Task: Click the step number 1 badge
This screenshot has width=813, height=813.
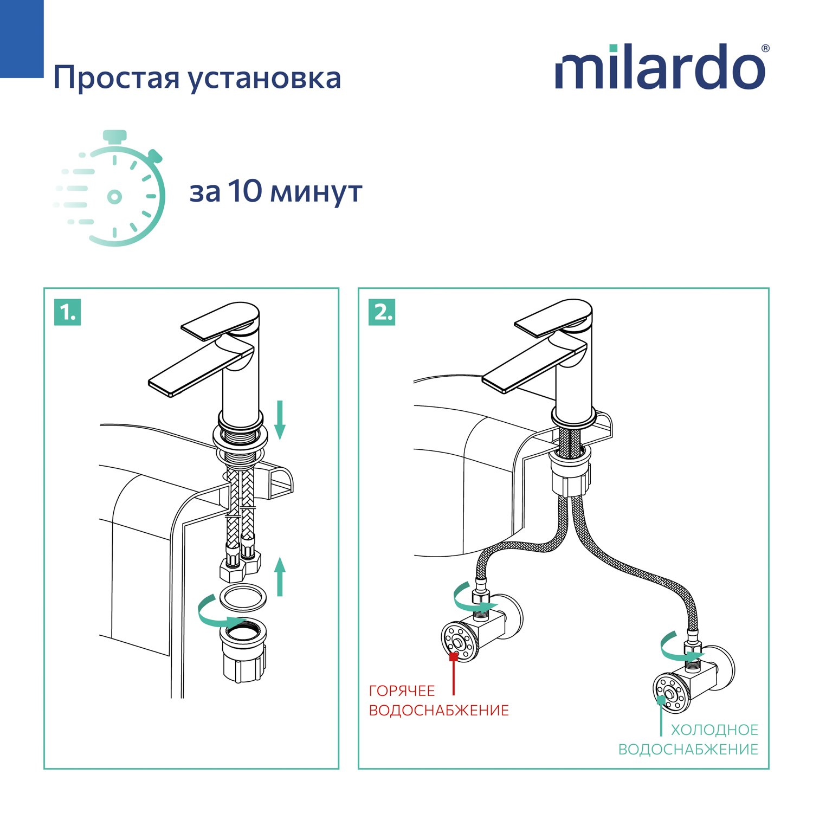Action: pos(68,312)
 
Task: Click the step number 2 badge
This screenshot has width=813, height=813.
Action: pos(382,312)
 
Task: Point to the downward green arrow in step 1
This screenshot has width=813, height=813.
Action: pos(280,420)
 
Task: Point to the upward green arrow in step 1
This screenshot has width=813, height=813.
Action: pos(280,577)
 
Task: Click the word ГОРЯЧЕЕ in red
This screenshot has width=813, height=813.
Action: pos(402,691)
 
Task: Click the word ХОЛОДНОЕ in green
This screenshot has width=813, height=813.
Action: pos(714,730)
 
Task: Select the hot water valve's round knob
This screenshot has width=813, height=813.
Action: pos(460,642)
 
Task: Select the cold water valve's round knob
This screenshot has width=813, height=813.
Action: pos(672,693)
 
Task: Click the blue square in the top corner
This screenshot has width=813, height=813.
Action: pos(22,38)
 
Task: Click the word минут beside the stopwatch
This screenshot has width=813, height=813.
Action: pos(316,193)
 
